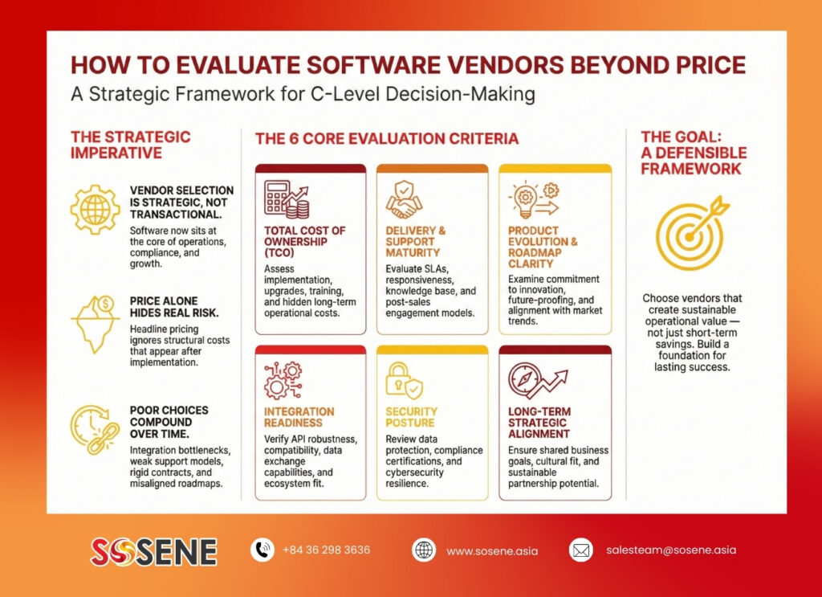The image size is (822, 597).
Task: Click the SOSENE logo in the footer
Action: coord(153,551)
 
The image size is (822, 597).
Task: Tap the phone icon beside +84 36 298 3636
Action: coord(262,550)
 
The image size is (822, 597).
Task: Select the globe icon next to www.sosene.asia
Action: coord(424,550)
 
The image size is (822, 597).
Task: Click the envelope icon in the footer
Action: coord(581,550)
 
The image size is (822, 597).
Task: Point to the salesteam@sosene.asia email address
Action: coord(671,550)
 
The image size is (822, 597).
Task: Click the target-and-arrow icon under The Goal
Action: coord(692,232)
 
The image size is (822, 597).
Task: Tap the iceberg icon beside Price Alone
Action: coord(96,324)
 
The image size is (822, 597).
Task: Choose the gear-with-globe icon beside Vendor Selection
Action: coord(95,209)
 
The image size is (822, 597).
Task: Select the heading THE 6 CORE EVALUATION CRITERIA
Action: coord(387,138)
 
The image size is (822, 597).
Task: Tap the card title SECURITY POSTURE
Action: coord(412,417)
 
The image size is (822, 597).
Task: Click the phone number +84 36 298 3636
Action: coord(326,550)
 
